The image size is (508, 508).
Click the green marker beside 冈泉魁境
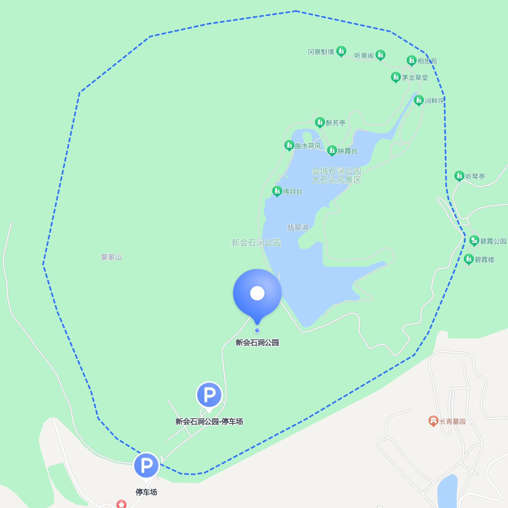click(x=341, y=51)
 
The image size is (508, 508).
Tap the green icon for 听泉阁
click(x=380, y=55)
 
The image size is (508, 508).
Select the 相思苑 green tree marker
click(x=411, y=60)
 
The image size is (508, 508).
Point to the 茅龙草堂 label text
click(x=415, y=78)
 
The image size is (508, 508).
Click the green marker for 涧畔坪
click(x=419, y=100)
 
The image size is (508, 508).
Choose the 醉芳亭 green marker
click(x=320, y=122)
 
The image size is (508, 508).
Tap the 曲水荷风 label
click(x=308, y=146)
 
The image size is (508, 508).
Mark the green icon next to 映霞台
click(x=332, y=150)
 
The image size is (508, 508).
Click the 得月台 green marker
click(x=277, y=191)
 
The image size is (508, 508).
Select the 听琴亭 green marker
click(x=459, y=176)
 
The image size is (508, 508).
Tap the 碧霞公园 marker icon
click(x=474, y=240)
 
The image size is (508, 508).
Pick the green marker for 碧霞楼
click(x=469, y=259)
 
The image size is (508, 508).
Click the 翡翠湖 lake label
click(x=298, y=227)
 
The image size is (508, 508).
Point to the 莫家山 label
click(x=111, y=257)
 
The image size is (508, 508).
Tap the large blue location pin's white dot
click(x=257, y=293)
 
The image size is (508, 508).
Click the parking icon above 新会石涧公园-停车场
click(x=209, y=395)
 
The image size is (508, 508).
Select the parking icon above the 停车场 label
click(x=146, y=465)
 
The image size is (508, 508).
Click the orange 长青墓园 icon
click(x=433, y=421)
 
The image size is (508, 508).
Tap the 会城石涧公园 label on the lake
click(x=336, y=171)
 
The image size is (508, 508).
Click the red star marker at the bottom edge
click(x=121, y=504)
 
